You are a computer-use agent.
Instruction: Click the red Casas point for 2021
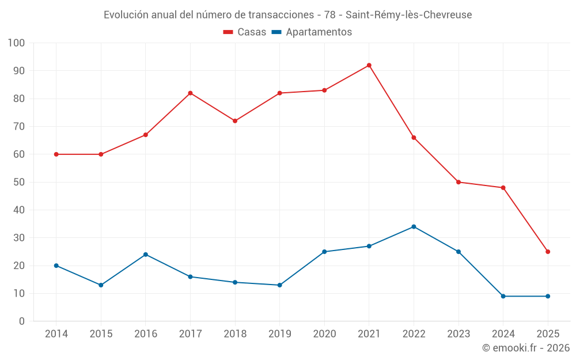369,65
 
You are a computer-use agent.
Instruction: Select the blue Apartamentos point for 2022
414,226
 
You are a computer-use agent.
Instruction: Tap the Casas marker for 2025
548,252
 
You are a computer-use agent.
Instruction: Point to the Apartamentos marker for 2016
146,255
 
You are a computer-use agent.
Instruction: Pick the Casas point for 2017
190,93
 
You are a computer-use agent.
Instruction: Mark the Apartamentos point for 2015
101,285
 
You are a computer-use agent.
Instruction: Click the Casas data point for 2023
458,182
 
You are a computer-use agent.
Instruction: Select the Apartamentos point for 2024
503,296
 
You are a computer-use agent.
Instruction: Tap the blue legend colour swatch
276,32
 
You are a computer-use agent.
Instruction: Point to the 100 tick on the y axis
17,43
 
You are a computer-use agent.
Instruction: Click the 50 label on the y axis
20,182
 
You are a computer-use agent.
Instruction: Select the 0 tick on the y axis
22,321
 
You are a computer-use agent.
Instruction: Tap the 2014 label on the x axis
56,334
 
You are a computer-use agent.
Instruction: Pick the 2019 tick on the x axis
280,334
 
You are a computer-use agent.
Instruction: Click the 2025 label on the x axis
548,334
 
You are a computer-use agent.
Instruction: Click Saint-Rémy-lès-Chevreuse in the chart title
408,15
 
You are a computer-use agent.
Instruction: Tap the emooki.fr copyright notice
526,348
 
